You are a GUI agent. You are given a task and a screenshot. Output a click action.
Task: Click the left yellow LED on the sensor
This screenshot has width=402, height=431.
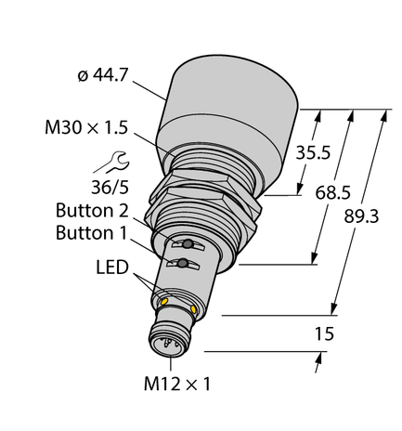click(164, 301)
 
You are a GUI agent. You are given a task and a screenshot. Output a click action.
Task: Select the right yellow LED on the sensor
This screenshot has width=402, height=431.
click(192, 308)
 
